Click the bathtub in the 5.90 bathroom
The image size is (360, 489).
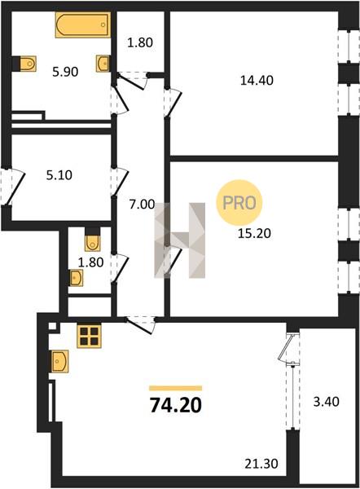click(83, 25)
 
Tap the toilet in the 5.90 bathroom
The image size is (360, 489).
click(28, 64)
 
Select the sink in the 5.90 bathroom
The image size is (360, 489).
click(103, 64)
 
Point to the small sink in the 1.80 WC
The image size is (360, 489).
click(76, 278)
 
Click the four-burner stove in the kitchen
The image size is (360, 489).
click(89, 336)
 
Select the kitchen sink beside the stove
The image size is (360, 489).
click(59, 361)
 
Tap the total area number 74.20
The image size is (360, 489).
click(176, 405)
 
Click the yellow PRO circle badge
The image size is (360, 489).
click(239, 203)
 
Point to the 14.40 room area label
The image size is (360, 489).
click(257, 81)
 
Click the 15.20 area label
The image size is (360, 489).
click(254, 233)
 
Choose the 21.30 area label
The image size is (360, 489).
click(261, 464)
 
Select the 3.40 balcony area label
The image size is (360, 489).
click(327, 402)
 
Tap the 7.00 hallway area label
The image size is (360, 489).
click(143, 205)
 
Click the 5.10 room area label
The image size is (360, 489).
click(59, 175)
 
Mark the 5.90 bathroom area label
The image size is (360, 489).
click(65, 72)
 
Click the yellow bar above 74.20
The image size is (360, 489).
click(175, 388)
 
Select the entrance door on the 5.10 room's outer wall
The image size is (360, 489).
click(12, 187)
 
